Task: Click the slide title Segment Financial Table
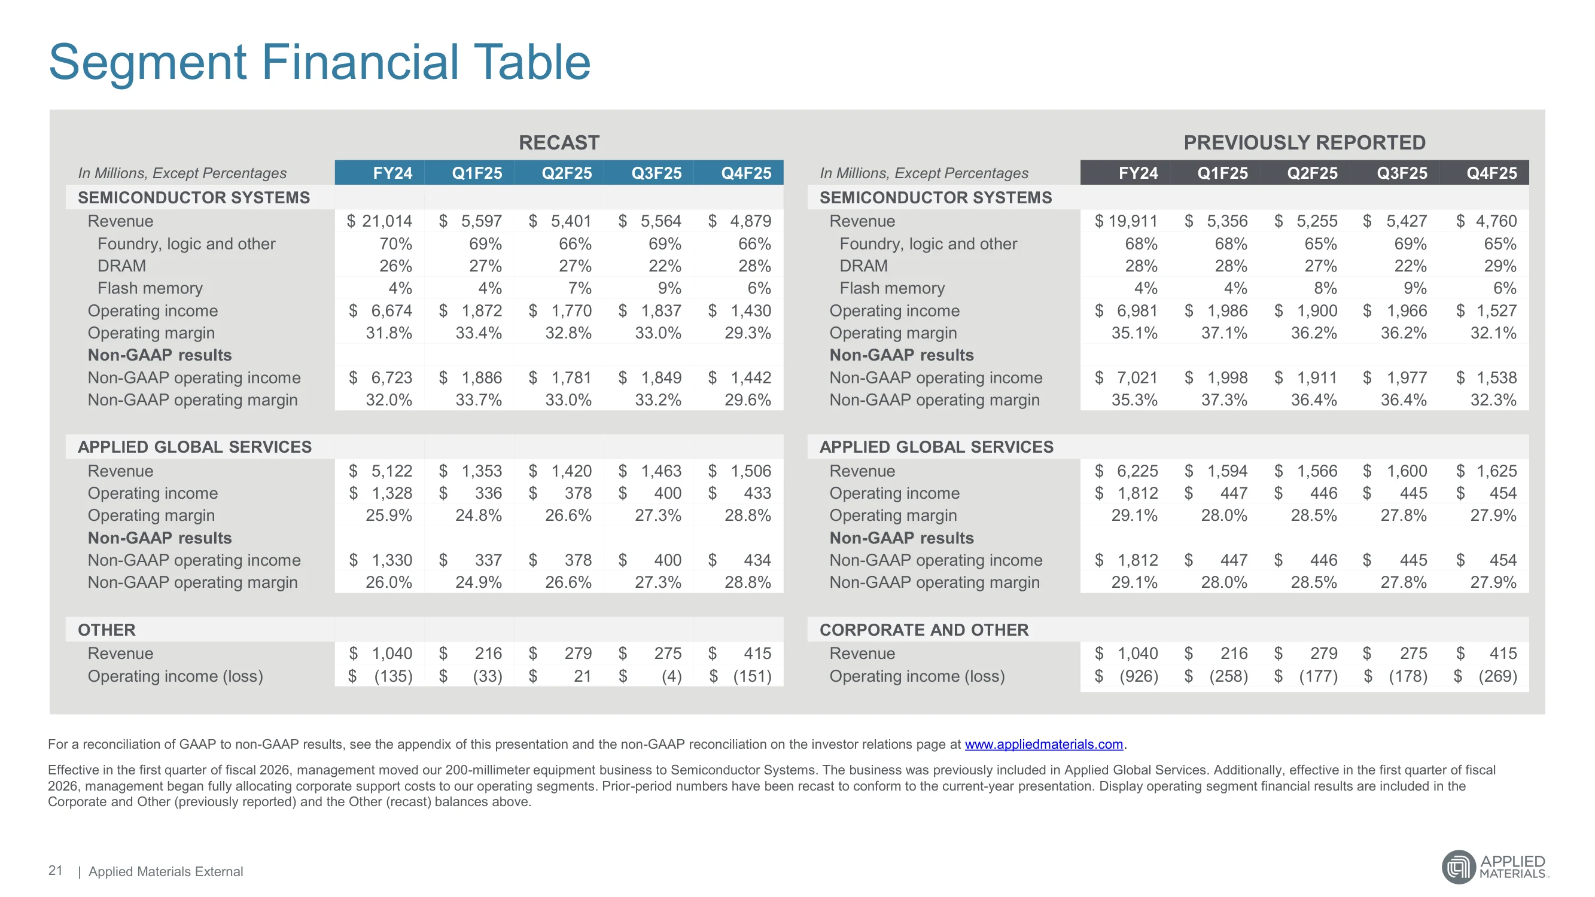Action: click(319, 63)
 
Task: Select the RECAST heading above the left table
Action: click(559, 142)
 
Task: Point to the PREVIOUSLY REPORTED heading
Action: click(1304, 142)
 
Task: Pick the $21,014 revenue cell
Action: click(379, 221)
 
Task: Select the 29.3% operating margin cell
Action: click(747, 333)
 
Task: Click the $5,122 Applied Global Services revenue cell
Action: click(379, 471)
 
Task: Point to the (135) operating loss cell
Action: click(379, 676)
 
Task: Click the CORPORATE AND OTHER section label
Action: click(924, 630)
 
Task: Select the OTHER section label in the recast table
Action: click(106, 630)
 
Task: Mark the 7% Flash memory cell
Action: click(580, 288)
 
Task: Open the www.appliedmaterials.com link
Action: click(1043, 744)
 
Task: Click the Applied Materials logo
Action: click(1494, 867)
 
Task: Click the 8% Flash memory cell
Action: click(1325, 288)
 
